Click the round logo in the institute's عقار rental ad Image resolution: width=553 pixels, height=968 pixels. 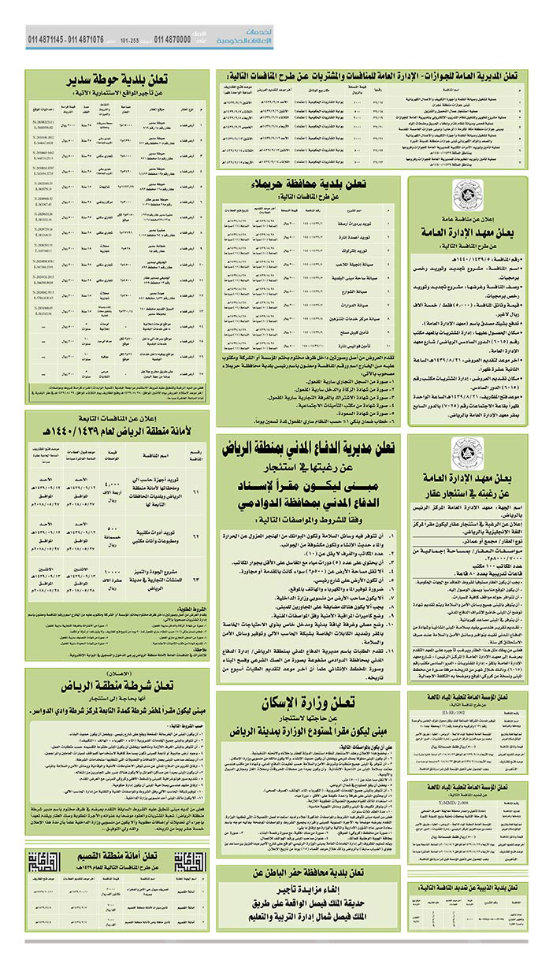point(462,451)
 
